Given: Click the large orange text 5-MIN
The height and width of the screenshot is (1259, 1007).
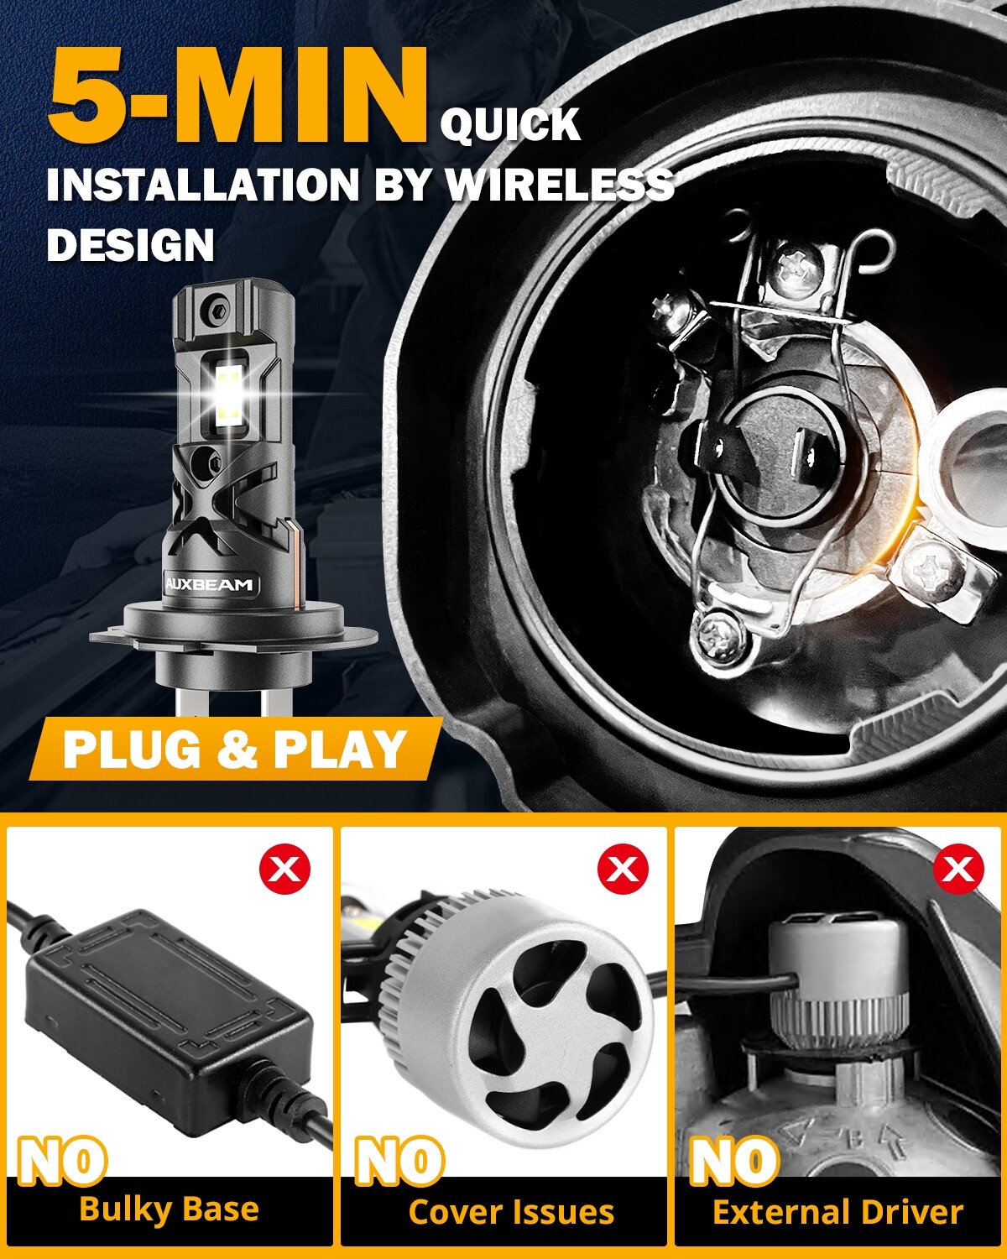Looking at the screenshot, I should click(237, 99).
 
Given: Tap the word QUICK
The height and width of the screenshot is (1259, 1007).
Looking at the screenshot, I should click(510, 126).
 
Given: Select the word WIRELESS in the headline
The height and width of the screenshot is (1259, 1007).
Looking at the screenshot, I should click(560, 185).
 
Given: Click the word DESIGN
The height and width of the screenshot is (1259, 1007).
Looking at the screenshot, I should click(131, 246).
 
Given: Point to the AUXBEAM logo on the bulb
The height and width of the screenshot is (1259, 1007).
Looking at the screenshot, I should click(209, 585).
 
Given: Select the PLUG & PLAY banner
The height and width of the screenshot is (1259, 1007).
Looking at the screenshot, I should click(235, 750).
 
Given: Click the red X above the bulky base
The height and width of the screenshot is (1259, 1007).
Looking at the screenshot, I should click(285, 870).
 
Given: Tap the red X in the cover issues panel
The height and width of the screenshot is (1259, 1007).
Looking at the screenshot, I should click(623, 870).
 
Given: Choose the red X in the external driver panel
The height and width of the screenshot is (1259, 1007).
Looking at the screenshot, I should click(958, 870).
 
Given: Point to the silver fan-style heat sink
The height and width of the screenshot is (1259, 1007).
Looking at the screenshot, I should click(537, 1024).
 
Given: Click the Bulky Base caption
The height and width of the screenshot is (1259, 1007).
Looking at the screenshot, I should click(169, 1209).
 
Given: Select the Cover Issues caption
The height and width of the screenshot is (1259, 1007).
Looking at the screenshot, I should click(511, 1212).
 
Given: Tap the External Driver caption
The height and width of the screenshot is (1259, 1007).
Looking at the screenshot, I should click(837, 1212).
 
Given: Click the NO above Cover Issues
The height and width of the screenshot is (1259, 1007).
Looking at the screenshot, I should click(399, 1161).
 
